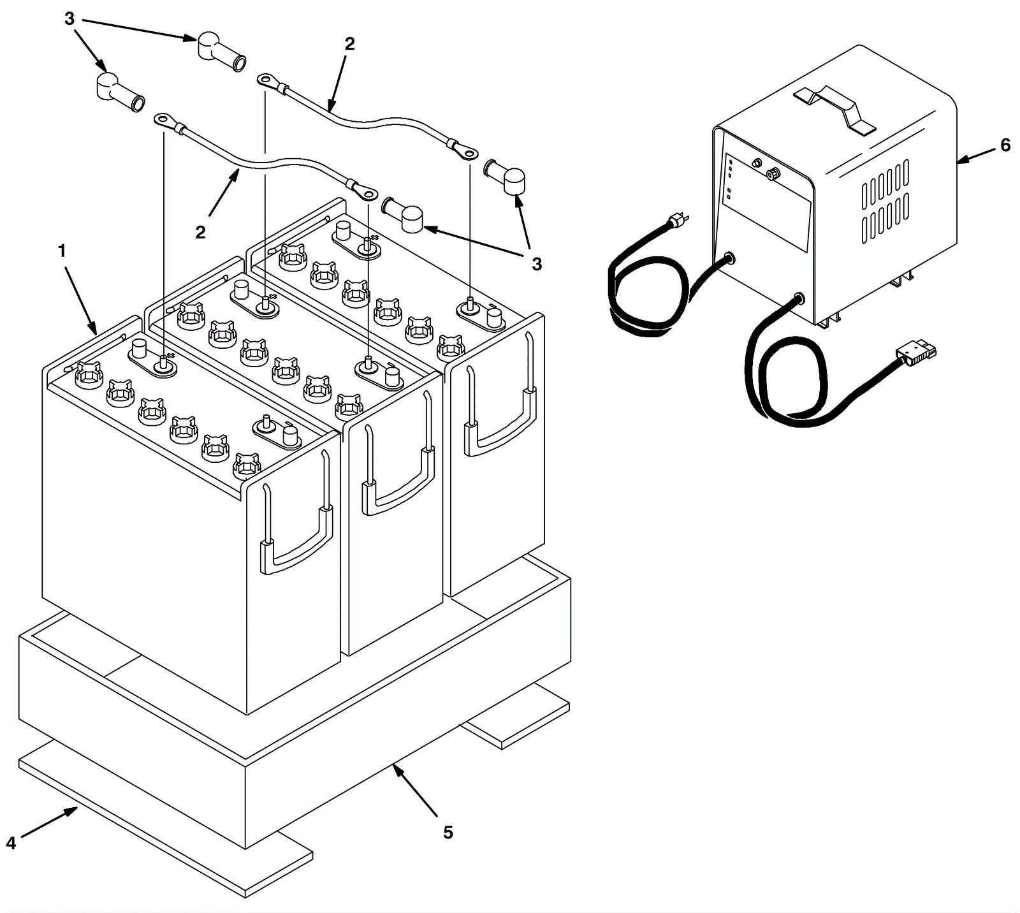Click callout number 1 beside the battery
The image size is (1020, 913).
[x=62, y=252]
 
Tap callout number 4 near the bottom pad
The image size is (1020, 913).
[x=11, y=843]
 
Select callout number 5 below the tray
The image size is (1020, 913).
[x=448, y=832]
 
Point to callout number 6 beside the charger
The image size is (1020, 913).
[x=1005, y=145]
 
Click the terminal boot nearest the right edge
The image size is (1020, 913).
[x=506, y=175]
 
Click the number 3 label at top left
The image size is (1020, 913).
[x=69, y=19]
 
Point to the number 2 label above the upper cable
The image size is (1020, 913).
[x=349, y=44]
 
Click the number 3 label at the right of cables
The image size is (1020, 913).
[x=536, y=264]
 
